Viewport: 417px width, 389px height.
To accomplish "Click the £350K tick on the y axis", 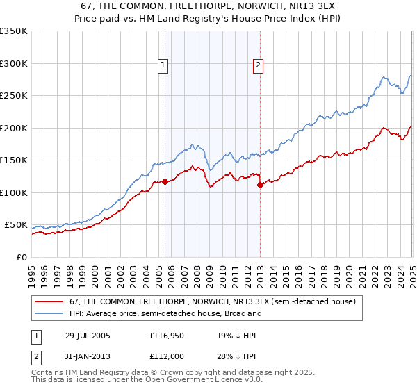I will click(14, 31).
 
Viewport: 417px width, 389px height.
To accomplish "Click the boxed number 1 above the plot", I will click(163, 65).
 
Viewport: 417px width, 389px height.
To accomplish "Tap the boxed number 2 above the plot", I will click(258, 65).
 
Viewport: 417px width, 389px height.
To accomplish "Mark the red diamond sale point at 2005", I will click(165, 182).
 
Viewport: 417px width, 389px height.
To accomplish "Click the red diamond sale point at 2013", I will click(260, 185).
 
